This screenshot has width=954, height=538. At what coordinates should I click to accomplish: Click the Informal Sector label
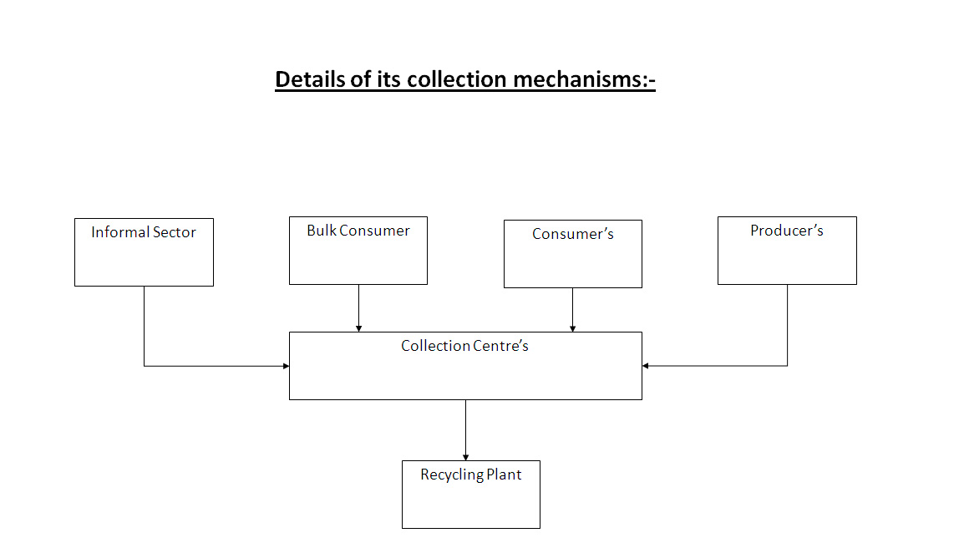(144, 232)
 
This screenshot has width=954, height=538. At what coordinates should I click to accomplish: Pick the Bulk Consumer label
(358, 231)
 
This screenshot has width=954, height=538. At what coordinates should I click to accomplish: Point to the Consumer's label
(573, 234)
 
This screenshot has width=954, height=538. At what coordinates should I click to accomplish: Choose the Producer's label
(787, 231)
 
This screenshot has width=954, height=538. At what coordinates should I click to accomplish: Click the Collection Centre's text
(464, 346)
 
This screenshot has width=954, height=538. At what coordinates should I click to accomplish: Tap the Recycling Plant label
(471, 475)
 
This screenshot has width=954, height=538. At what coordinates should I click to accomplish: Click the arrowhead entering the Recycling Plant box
(465, 457)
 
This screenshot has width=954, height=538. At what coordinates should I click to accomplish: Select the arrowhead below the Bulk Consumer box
(358, 328)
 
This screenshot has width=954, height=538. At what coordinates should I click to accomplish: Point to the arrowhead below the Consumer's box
(573, 328)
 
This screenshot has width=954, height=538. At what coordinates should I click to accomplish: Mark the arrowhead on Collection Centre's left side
(286, 366)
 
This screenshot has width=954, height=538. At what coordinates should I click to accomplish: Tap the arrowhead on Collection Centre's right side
(646, 366)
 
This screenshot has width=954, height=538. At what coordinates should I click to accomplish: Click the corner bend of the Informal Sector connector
(144, 366)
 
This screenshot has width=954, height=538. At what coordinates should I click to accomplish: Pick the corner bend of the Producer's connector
(787, 366)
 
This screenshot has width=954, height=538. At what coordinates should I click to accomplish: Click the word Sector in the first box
(175, 232)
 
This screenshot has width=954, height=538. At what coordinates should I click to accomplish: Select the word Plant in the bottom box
(505, 475)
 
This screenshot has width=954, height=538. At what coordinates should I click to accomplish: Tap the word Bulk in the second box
(321, 231)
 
